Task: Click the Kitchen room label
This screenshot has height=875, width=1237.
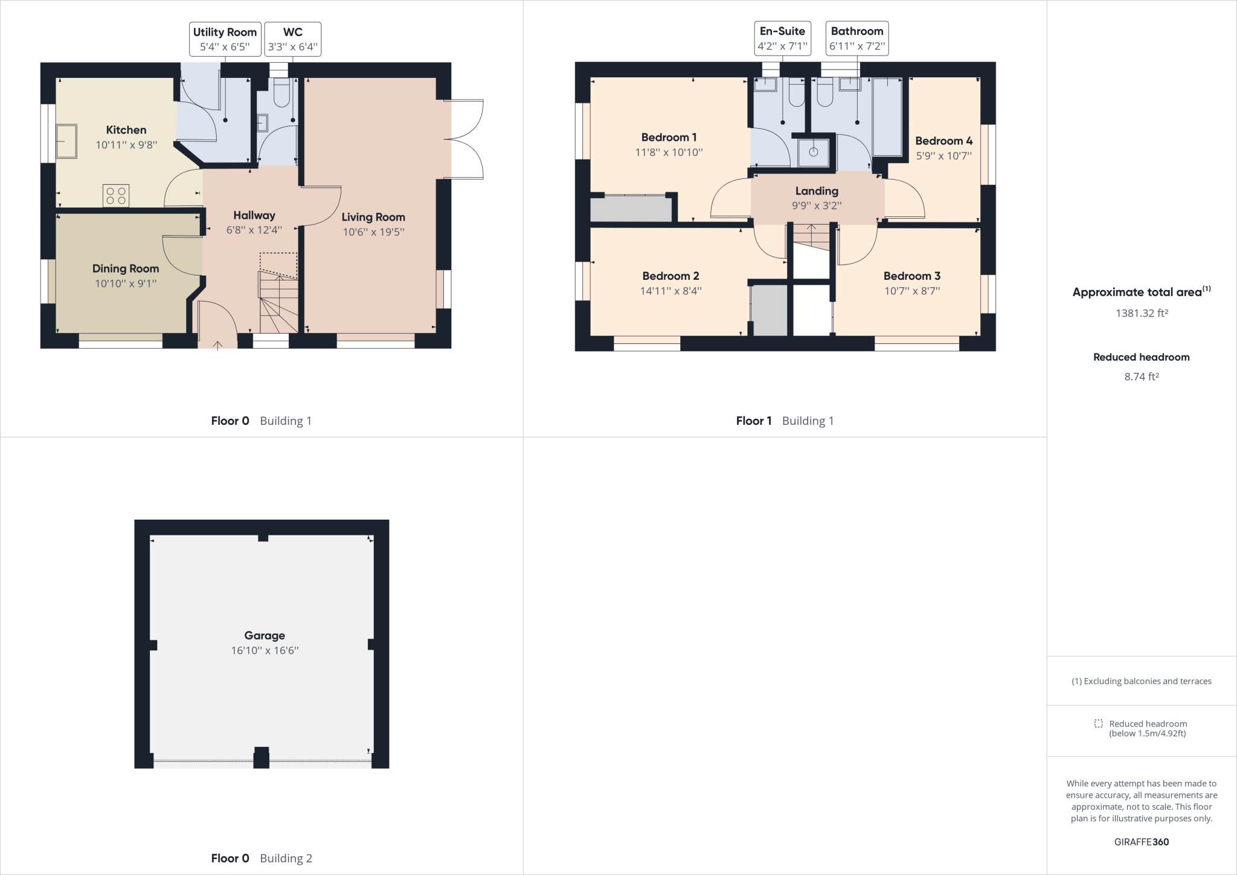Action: coord(126,130)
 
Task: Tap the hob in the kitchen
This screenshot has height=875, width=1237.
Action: coord(116,196)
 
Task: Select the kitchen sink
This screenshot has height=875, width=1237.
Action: coord(66,141)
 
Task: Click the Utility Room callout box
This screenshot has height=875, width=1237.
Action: coord(225,39)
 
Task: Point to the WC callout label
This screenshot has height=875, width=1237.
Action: coord(293,32)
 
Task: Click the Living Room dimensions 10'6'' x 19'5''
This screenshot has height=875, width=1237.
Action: coord(373,232)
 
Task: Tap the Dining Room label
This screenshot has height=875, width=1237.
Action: coord(126,268)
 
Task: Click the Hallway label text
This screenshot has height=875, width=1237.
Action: coord(254,215)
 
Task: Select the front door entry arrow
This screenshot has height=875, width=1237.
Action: coord(217,345)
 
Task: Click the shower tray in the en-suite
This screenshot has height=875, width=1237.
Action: coord(813,152)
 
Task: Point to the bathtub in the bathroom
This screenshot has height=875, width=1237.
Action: coord(886,117)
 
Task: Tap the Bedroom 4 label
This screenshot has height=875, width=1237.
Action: coord(943,141)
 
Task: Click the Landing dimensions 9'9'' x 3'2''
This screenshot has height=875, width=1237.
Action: coord(817,205)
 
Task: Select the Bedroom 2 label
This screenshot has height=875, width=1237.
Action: coord(670,276)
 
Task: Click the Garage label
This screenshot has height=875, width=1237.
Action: coord(265,635)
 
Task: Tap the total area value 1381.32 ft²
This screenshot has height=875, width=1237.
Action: coord(1141,313)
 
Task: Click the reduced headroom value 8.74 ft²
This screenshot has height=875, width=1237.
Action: coord(1141,376)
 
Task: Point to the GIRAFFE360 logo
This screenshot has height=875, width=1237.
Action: coord(1141,842)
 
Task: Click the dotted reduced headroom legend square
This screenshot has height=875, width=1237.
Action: coord(1098,723)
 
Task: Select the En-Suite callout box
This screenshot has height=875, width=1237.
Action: coord(782,39)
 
